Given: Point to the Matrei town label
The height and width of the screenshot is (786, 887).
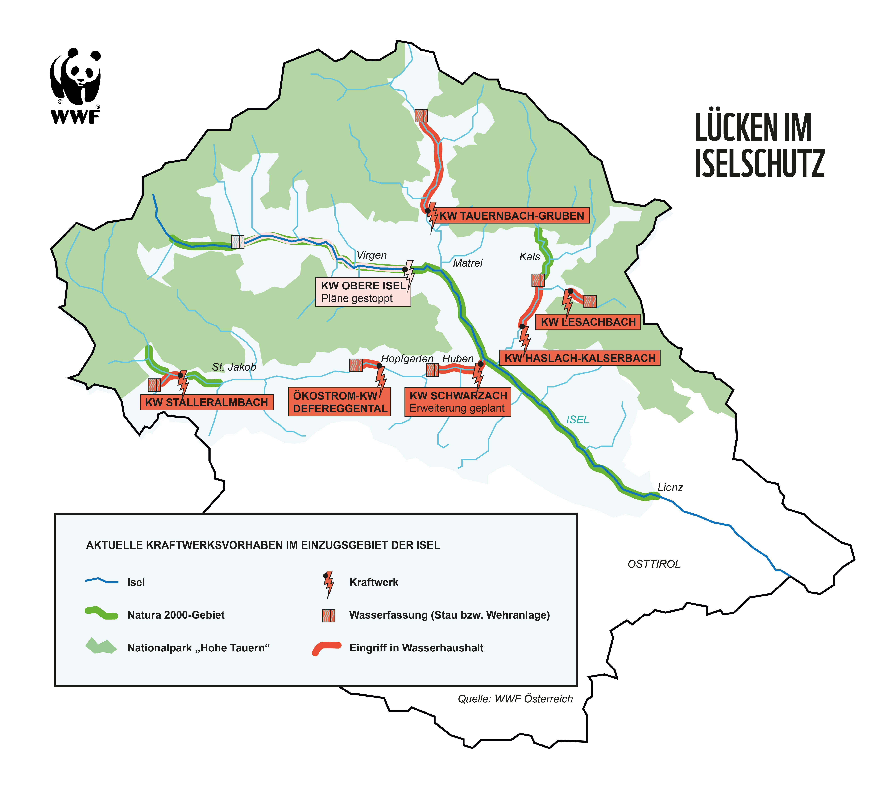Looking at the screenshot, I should [x=467, y=263].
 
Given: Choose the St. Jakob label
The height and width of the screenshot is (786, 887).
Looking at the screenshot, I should [x=234, y=367].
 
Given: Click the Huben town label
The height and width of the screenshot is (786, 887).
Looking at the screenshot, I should [x=457, y=359].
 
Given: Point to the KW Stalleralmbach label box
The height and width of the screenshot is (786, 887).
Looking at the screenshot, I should [x=207, y=402].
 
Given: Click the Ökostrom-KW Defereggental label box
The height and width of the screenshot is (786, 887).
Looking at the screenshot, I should [x=339, y=402].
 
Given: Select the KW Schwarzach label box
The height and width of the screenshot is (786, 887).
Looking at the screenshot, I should [x=458, y=402].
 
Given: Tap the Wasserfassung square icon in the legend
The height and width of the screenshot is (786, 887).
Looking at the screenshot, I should [x=328, y=615].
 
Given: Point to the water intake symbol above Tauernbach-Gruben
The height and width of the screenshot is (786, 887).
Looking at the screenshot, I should [x=421, y=115].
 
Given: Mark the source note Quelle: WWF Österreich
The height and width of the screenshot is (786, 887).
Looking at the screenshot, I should [x=515, y=699].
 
